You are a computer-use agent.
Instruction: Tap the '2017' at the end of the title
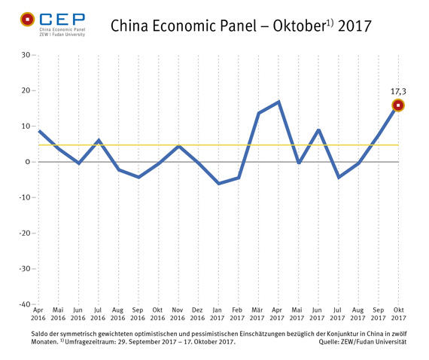tap(352, 27)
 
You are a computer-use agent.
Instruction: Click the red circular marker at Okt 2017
tap(399, 105)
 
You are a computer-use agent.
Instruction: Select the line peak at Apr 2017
tap(279, 102)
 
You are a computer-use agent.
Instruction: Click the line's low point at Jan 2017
tap(219, 183)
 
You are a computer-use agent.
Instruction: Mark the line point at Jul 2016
tap(99, 140)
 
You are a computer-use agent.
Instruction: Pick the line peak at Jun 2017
tap(319, 130)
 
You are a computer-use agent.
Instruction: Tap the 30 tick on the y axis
tap(25, 55)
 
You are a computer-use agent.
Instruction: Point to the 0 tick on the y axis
tap(27, 162)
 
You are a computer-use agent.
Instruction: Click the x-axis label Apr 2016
tap(38, 313)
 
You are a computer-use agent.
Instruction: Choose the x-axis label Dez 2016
tap(199, 313)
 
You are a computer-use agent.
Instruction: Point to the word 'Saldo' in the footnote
tap(42, 334)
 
